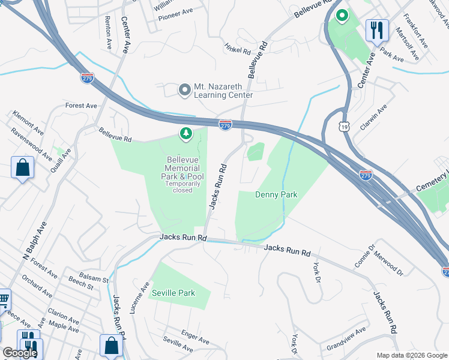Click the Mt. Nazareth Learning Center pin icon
click(184, 90)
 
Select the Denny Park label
click(276, 194)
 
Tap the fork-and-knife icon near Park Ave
click(376, 29)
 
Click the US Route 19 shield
click(343, 126)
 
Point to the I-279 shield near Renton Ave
click(87, 77)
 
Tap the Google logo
click(20, 353)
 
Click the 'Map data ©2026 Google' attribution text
click(411, 355)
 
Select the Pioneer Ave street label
click(175, 11)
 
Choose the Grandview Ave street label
click(346, 338)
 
